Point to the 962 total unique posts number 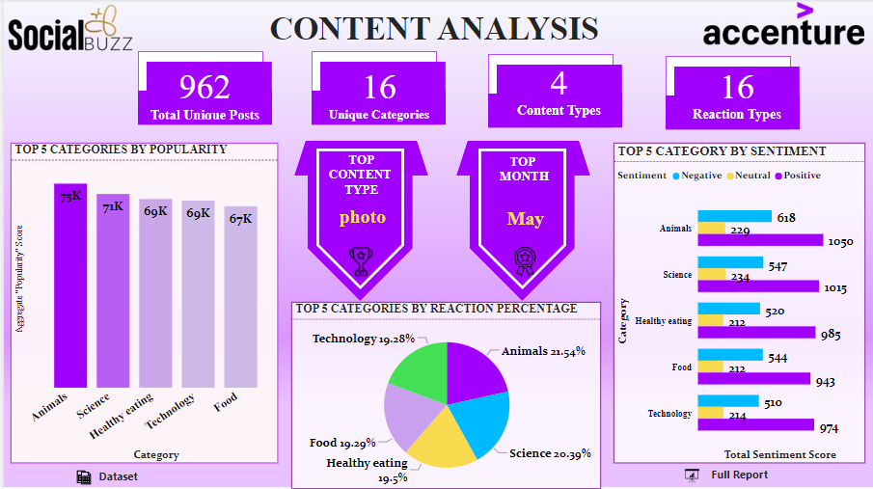point(205,88)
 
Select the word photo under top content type point(362,217)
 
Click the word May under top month point(525,219)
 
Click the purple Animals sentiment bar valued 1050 point(760,240)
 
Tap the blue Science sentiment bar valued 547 point(730,263)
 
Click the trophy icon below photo point(361,259)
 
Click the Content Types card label point(559,111)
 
